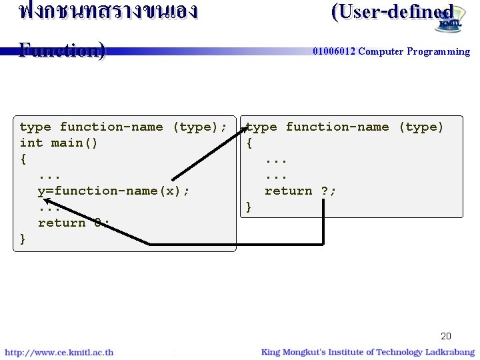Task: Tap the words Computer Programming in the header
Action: (x=414, y=51)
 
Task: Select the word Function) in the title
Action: (x=61, y=50)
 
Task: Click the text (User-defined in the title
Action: (x=392, y=12)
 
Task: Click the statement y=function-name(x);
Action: (x=113, y=191)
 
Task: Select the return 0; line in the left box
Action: (x=73, y=223)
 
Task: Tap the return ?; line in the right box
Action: (x=300, y=191)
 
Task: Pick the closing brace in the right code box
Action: (x=249, y=207)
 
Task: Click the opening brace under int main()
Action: (x=23, y=159)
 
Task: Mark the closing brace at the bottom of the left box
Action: (x=23, y=239)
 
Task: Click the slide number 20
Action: (x=445, y=336)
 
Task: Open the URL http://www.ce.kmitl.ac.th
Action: (x=59, y=352)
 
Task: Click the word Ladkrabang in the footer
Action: (x=450, y=352)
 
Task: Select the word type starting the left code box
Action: (x=35, y=127)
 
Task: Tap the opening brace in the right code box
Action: (x=249, y=143)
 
